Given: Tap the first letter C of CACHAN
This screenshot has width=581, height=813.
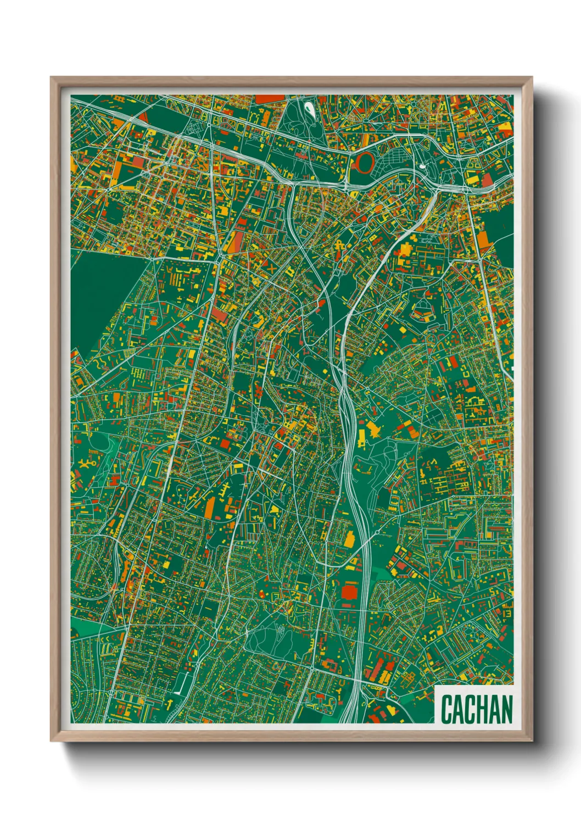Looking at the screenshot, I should coord(447,709).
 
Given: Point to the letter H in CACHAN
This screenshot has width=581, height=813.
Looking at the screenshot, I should coord(488,709).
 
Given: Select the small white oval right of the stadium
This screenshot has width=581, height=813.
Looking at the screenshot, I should coord(422,165).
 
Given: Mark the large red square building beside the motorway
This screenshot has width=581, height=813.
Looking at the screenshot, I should coord(349,592).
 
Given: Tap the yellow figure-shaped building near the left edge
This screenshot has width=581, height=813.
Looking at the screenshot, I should coord(87,465).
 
